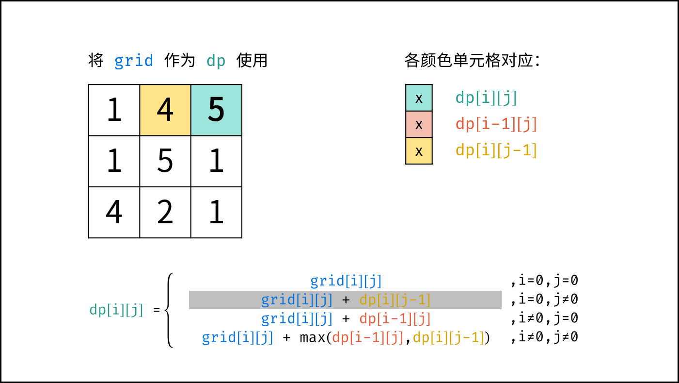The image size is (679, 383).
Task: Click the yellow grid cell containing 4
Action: pos(165,110)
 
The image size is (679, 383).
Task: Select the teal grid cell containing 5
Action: pos(217,110)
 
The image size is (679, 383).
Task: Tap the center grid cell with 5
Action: pos(165,161)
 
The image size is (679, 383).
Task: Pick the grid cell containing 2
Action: pos(165,212)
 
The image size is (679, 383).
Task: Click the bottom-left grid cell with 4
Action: pos(114,212)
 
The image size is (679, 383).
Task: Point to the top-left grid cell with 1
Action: pos(114,110)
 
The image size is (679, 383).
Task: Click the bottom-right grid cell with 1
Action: pos(217,212)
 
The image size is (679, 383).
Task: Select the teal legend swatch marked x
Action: pos(419,98)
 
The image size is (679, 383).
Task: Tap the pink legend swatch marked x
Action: pos(419,124)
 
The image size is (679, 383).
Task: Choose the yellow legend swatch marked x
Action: pos(419,150)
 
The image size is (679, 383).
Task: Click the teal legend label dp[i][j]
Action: pos(486,98)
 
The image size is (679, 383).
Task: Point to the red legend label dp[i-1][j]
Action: pos(496,124)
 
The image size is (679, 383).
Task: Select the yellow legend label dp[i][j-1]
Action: pos(496,150)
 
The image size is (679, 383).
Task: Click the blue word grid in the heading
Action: pos(134,61)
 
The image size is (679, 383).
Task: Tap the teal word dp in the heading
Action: pos(216,61)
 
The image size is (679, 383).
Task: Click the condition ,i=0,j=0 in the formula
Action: pos(544,281)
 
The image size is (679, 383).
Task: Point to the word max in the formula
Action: pos(312,337)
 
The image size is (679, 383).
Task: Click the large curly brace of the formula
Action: pos(169,310)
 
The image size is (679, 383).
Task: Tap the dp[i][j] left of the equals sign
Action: pos(116,310)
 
